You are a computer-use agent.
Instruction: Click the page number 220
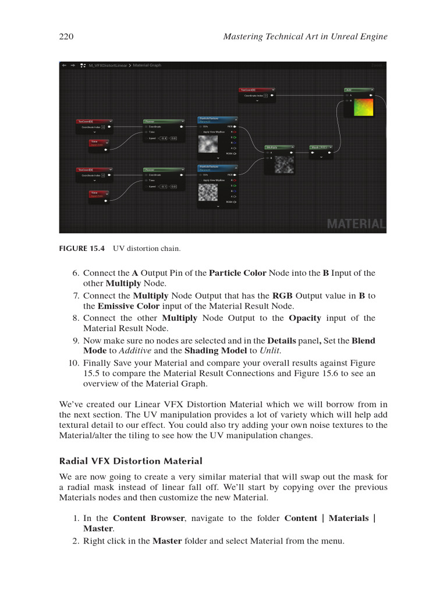[66, 37]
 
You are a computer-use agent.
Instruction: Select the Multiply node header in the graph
[278, 147]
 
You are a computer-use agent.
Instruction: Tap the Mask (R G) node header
[321, 147]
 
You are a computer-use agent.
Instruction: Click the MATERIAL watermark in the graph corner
[356, 224]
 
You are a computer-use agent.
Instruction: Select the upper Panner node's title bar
[164, 121]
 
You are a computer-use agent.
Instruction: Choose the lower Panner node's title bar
[164, 169]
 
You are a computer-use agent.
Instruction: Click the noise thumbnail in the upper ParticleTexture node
[208, 143]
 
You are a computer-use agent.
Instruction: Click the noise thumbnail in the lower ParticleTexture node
[208, 191]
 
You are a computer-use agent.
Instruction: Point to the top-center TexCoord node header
[257, 90]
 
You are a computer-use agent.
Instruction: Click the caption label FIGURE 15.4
[82, 249]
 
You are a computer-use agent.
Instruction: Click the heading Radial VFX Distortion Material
[131, 461]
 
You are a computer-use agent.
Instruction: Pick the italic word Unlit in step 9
[271, 350]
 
